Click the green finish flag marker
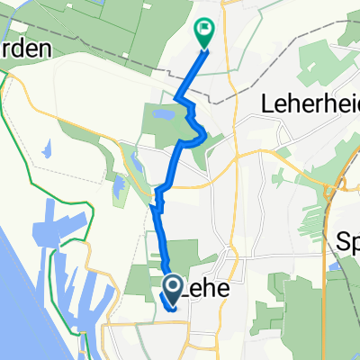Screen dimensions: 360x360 click(204, 33)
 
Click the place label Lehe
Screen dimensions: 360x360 click(206, 290)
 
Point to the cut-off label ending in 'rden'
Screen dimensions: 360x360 click(27, 49)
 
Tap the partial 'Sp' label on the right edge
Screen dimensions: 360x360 click(347, 241)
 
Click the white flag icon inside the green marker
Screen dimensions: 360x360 click(205, 29)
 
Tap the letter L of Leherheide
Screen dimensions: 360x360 click(266, 103)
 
